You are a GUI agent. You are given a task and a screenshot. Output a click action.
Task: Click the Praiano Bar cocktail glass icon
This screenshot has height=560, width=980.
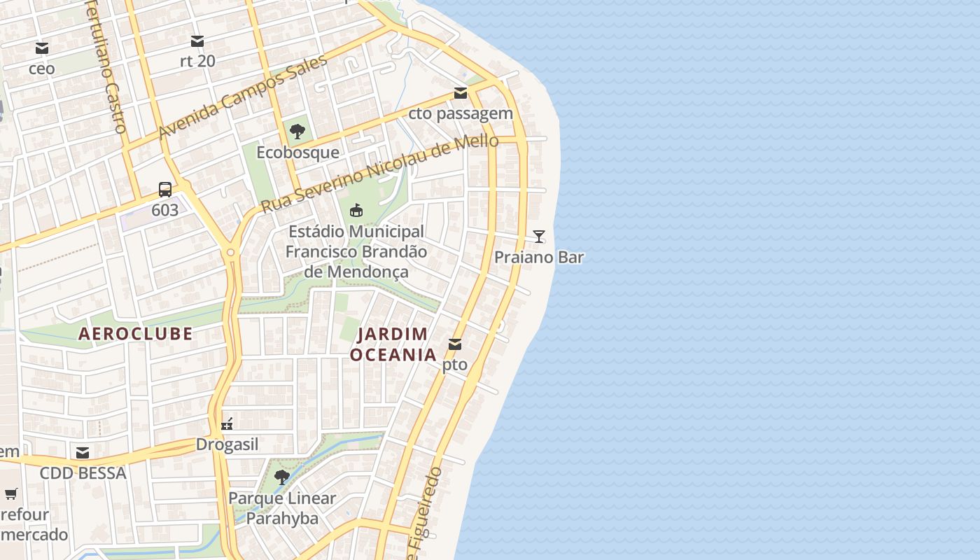pyautogui.click(x=538, y=237)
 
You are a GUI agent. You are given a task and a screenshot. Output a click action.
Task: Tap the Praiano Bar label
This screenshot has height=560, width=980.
pyautogui.click(x=539, y=257)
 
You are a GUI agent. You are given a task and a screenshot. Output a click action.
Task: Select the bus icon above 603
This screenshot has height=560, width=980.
pyautogui.click(x=165, y=190)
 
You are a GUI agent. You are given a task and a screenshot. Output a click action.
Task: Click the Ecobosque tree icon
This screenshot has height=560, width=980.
pyautogui.click(x=297, y=132)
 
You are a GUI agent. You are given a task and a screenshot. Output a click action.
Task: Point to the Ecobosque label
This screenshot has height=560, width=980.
pyautogui.click(x=297, y=152)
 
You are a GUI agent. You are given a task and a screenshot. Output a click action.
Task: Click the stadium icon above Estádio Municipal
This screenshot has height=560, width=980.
pyautogui.click(x=356, y=210)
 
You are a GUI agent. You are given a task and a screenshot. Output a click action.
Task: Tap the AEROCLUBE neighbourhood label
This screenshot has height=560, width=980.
pyautogui.click(x=135, y=334)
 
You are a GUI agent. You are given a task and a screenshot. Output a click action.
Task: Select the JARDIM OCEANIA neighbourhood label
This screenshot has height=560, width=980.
pyautogui.click(x=393, y=344)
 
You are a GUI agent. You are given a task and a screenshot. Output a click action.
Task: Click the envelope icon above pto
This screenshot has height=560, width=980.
pyautogui.click(x=455, y=344)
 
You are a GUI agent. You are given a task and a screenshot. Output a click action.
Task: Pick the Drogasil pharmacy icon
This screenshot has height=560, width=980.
pyautogui.click(x=227, y=423)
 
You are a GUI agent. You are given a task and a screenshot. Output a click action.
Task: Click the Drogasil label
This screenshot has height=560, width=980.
pyautogui.click(x=227, y=444)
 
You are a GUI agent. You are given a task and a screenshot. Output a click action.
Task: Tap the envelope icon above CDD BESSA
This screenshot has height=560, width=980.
pyautogui.click(x=83, y=453)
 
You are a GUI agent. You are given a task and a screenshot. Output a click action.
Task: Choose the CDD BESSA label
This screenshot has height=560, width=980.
pyautogui.click(x=83, y=473)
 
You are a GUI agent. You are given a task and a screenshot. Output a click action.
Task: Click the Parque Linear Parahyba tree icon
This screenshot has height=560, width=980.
pyautogui.click(x=282, y=477)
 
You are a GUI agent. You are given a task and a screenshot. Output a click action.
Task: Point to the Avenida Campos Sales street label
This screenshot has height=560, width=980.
pyautogui.click(x=243, y=97)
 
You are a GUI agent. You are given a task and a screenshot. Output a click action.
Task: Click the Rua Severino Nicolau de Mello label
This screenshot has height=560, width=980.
pyautogui.click(x=379, y=174)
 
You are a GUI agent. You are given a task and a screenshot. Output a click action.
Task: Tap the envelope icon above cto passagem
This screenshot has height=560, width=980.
pyautogui.click(x=460, y=93)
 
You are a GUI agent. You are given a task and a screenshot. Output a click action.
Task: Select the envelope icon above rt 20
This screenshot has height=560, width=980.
pyautogui.click(x=197, y=41)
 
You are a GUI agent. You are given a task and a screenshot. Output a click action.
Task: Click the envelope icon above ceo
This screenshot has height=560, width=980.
pyautogui.click(x=42, y=48)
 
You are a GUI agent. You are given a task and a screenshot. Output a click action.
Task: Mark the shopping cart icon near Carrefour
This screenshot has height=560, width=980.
pyautogui.click(x=10, y=494)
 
